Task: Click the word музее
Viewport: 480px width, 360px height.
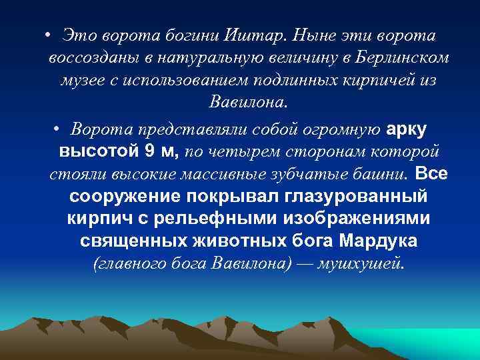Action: tap(97, 80)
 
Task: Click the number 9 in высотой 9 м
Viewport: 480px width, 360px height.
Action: tap(148, 151)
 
